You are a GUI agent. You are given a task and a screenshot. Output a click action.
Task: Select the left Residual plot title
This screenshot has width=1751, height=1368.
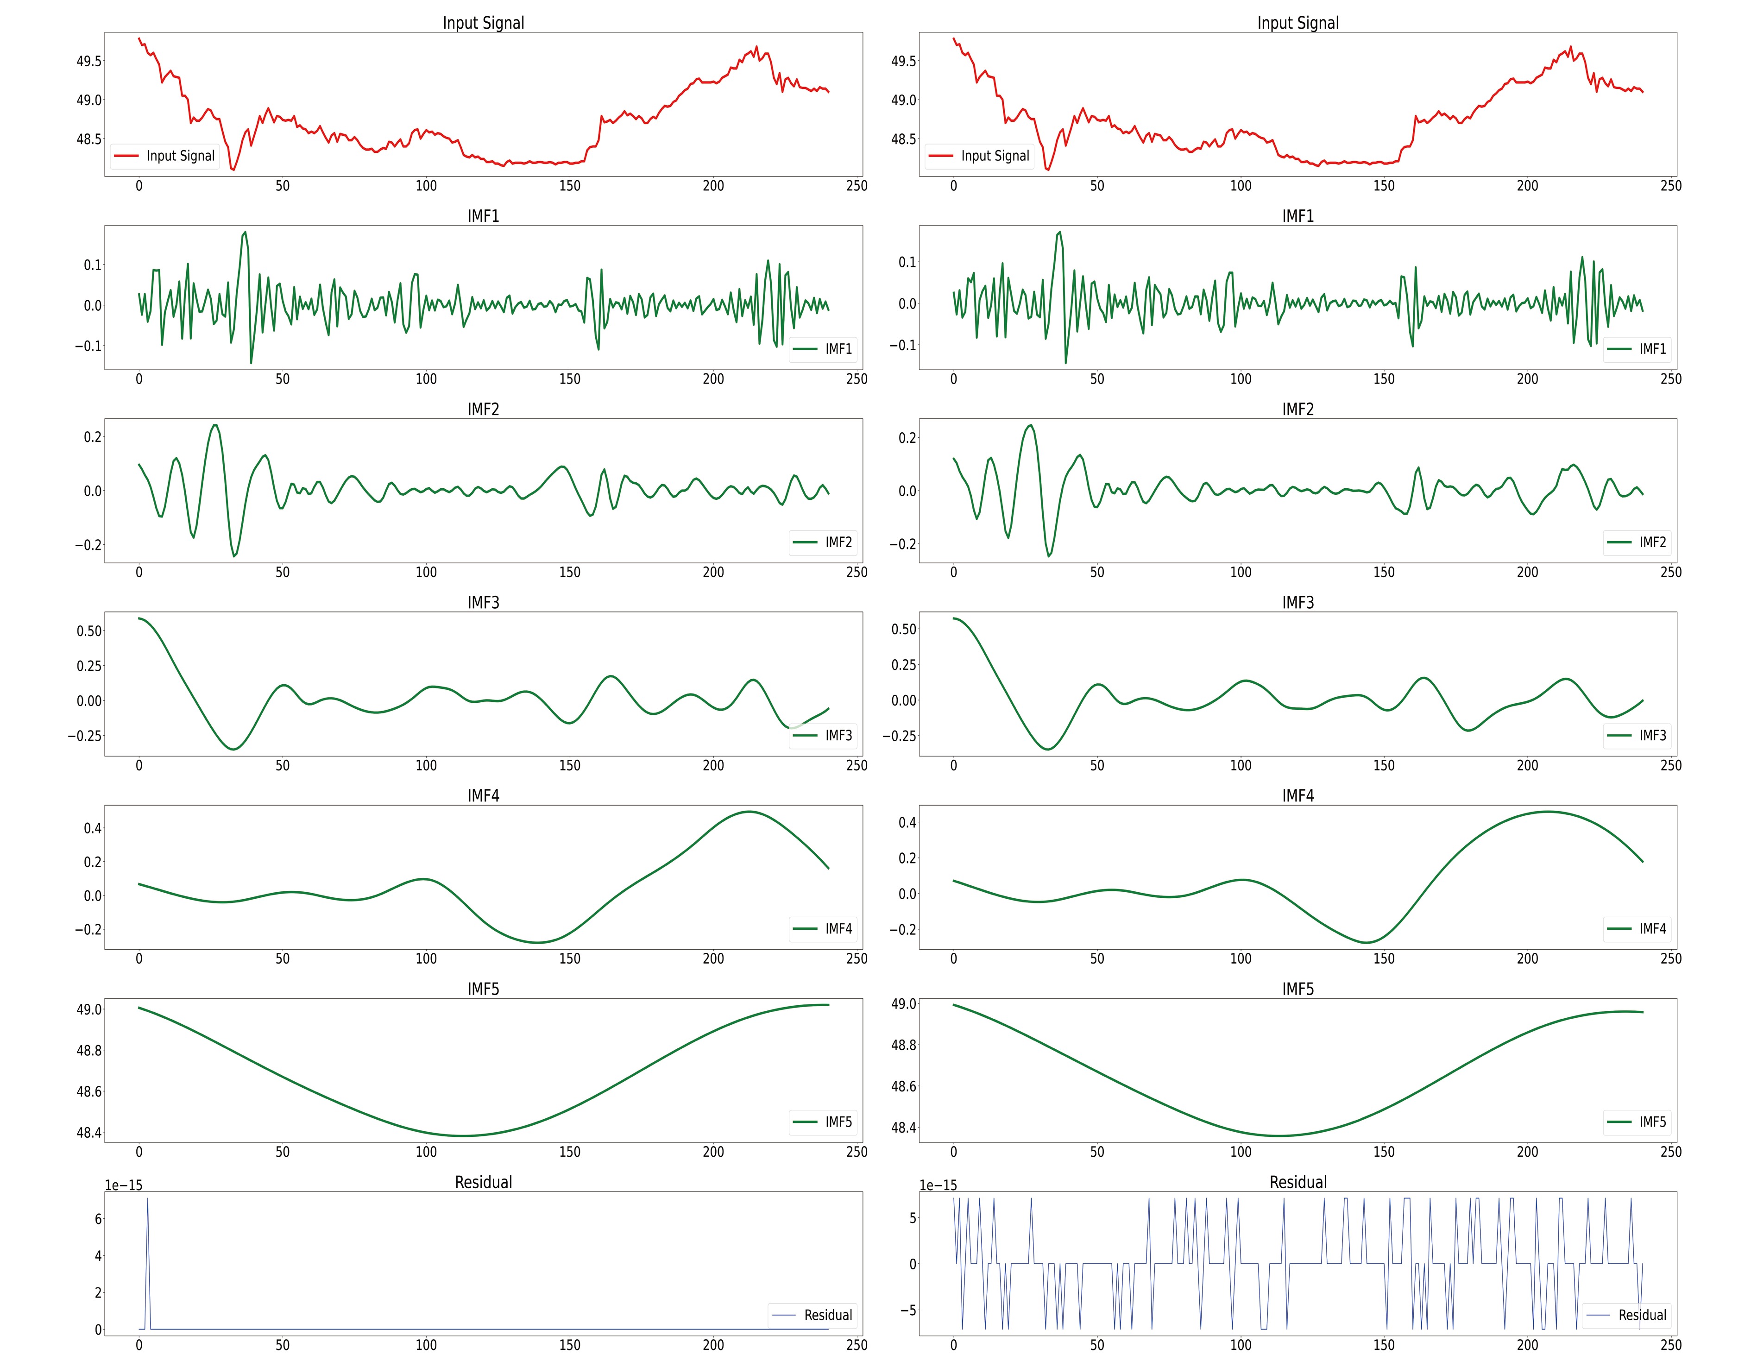(x=484, y=1182)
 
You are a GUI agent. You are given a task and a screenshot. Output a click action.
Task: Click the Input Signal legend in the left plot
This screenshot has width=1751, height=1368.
(x=164, y=156)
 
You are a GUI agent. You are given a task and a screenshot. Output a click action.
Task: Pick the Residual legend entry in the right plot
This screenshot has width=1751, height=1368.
(x=1627, y=1315)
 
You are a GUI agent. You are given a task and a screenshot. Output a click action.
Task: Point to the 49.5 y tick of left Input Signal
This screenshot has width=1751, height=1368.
(x=89, y=61)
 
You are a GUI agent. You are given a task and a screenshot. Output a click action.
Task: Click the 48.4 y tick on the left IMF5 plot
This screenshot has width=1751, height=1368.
(x=89, y=1133)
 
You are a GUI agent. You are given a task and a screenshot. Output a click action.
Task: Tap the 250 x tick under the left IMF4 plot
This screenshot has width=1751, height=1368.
(x=856, y=958)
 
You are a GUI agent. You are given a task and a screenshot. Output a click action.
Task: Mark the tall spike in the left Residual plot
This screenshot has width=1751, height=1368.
(x=147, y=1200)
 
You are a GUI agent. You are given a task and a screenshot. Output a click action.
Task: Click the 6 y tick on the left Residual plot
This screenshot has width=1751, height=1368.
(x=98, y=1219)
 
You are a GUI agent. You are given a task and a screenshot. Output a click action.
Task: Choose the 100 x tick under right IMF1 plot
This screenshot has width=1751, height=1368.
(x=1241, y=379)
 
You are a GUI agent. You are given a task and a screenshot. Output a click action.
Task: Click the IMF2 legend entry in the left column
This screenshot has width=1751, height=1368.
(x=824, y=542)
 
